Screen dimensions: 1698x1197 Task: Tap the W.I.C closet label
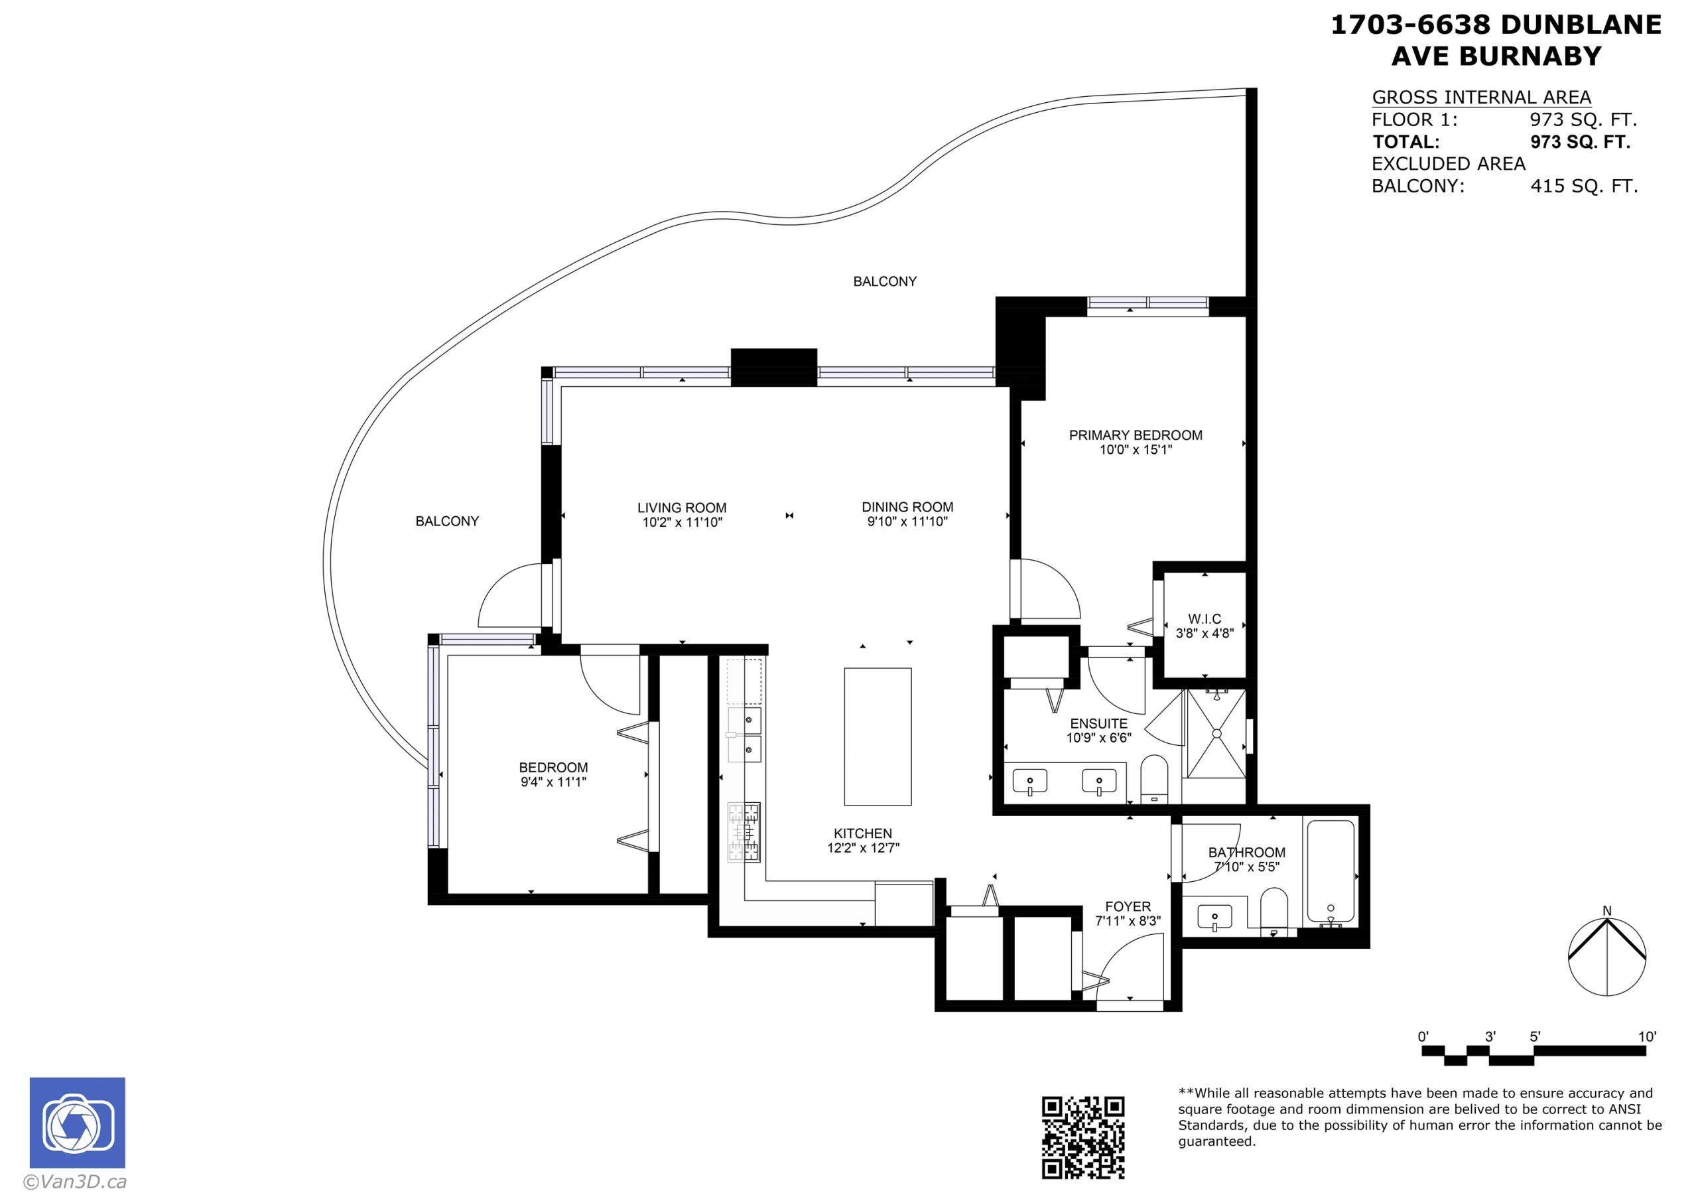click(1205, 618)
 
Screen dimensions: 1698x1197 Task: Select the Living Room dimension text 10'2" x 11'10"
click(682, 522)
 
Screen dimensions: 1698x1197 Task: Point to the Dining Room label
click(907, 507)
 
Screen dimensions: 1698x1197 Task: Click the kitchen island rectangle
click(878, 737)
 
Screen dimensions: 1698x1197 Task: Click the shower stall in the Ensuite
click(1216, 733)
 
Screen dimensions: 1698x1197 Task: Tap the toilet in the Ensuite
click(1153, 779)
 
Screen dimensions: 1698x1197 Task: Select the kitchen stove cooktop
click(744, 832)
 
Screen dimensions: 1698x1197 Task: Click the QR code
click(1083, 1137)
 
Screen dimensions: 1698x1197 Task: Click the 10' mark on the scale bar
click(1647, 1036)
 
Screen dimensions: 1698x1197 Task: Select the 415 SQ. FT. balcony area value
click(1584, 186)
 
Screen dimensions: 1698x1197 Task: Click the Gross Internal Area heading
click(1481, 97)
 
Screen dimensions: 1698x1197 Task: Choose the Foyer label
click(1128, 906)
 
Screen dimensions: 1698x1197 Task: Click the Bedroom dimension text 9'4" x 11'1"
click(553, 781)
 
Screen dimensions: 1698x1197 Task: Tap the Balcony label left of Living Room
click(448, 521)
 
